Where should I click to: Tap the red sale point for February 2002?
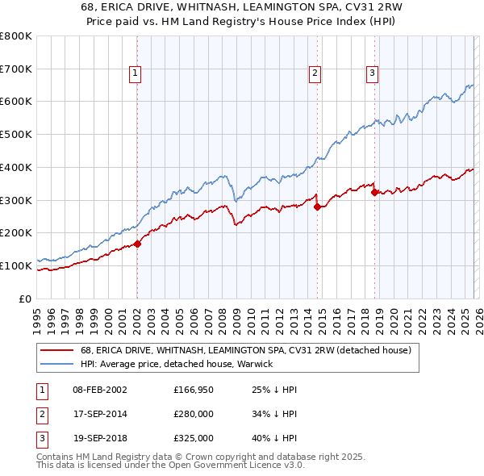pos(137,243)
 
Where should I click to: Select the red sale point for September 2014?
pos(317,207)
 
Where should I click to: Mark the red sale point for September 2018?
pos(374,191)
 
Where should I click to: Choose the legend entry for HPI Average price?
pos(177,364)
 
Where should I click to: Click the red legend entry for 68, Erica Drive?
pos(246,350)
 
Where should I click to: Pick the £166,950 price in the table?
pos(193,390)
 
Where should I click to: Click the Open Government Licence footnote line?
pos(171,466)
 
